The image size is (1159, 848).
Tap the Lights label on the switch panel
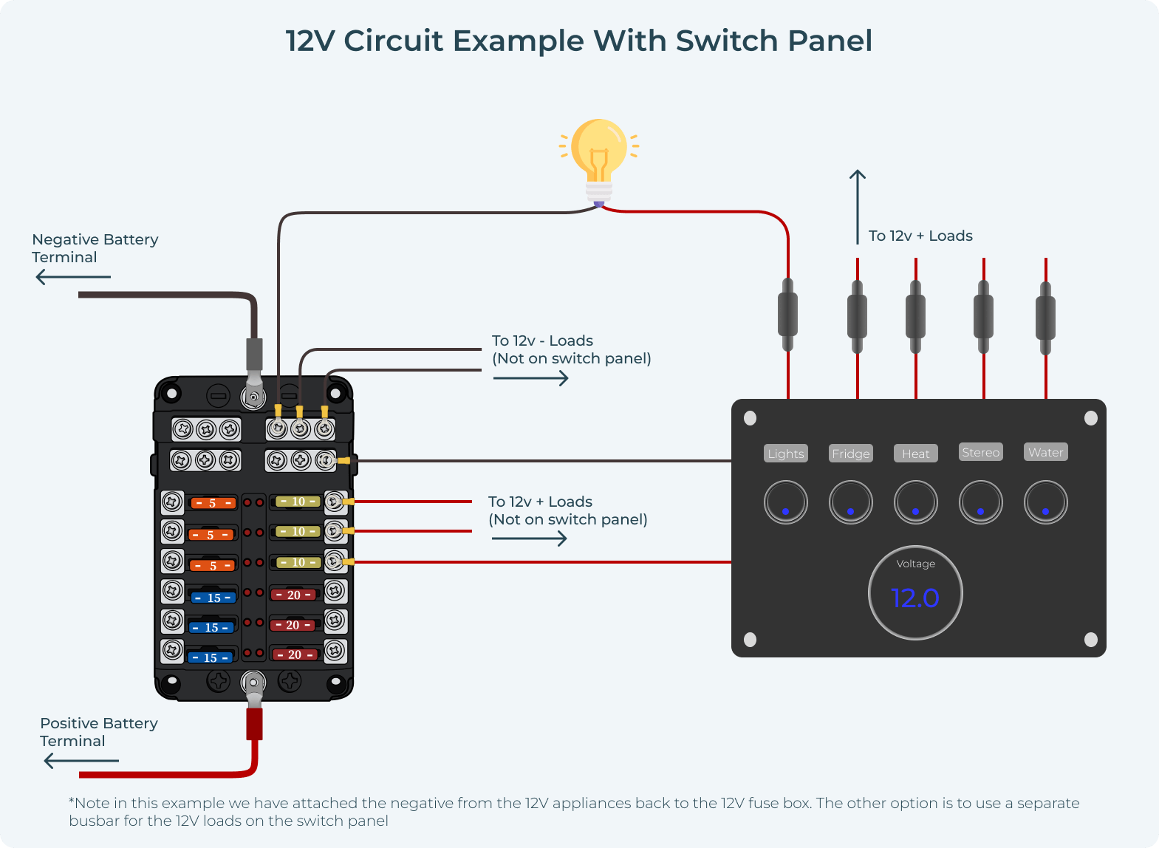[x=785, y=454]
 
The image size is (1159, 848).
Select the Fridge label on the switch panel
[x=850, y=454]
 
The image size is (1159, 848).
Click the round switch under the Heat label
[x=915, y=502]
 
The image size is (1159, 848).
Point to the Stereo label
[x=980, y=452]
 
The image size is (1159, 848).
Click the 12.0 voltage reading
[x=915, y=598]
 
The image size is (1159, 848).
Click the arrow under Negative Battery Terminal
[x=73, y=277]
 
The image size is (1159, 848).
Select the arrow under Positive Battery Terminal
[x=81, y=760]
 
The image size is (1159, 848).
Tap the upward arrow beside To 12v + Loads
[x=857, y=206]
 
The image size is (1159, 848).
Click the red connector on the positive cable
[x=254, y=723]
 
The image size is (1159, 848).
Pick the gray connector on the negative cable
[x=253, y=355]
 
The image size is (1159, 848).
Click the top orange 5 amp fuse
[x=213, y=503]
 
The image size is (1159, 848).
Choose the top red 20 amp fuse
[x=294, y=595]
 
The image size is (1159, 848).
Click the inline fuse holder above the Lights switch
[x=787, y=315]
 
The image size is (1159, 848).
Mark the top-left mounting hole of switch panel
[x=750, y=418]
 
